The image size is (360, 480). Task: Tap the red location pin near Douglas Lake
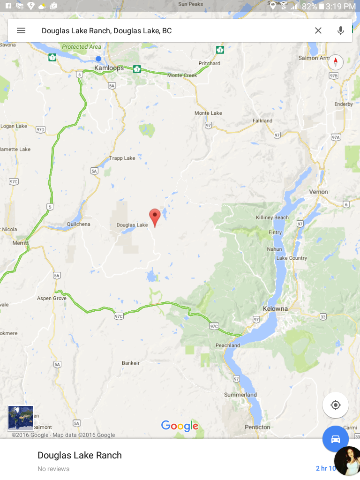tap(155, 217)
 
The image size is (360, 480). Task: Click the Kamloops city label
tap(109, 68)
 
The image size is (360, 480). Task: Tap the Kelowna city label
tap(288, 309)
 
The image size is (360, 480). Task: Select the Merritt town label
tap(21, 243)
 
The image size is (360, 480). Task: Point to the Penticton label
tap(257, 427)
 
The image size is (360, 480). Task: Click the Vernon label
tap(318, 192)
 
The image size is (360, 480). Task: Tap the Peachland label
tap(228, 345)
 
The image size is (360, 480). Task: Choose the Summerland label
tap(240, 395)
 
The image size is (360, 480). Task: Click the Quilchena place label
tap(78, 224)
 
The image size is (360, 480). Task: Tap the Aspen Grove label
tap(52, 298)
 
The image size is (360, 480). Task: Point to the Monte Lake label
tap(208, 113)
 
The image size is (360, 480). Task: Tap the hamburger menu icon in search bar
tap(21, 30)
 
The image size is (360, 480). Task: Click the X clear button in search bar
tap(318, 30)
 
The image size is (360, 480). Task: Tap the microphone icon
tap(341, 30)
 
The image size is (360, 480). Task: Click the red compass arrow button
tap(336, 62)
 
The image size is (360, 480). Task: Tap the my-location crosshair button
tap(336, 405)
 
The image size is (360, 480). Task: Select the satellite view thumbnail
tap(21, 418)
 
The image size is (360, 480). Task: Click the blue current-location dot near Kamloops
tap(98, 59)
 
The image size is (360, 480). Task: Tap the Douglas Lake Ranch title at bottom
tap(80, 455)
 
